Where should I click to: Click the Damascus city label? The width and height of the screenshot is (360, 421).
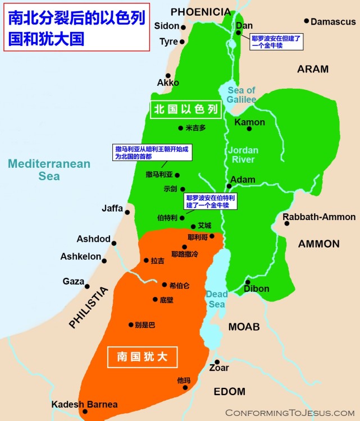(333, 22)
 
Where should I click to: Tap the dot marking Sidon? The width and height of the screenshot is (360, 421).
(183, 26)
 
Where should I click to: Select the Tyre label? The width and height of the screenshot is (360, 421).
(168, 42)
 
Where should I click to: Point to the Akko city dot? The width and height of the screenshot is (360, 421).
(167, 75)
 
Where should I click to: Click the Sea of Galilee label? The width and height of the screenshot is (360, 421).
(241, 95)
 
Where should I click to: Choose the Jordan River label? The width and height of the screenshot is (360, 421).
(243, 155)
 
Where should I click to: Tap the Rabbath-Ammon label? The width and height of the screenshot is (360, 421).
(319, 217)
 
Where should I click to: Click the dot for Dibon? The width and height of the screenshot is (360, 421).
(248, 282)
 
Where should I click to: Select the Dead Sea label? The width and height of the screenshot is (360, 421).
(217, 299)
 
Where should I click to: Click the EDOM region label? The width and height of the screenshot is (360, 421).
(229, 391)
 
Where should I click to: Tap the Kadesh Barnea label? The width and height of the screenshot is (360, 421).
(84, 404)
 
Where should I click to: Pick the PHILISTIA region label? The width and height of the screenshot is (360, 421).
(88, 307)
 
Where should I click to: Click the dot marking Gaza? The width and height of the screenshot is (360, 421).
(87, 286)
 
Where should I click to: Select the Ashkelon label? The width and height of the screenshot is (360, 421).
(80, 257)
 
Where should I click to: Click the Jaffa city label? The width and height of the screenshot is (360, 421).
(112, 208)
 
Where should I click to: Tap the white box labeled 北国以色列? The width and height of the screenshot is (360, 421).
(185, 111)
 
